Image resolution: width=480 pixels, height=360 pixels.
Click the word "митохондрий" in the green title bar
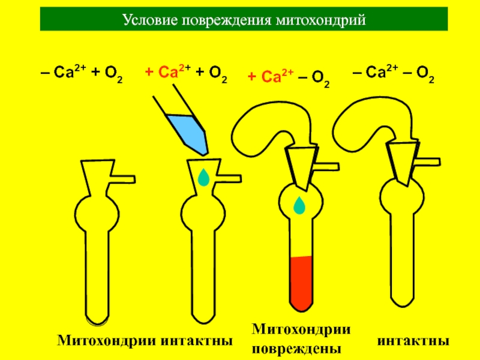pyautogui.click(x=320, y=20)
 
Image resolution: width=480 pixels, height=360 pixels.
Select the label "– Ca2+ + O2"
pyautogui.click(x=82, y=74)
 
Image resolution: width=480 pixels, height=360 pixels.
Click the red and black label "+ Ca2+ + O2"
pyautogui.click(x=185, y=74)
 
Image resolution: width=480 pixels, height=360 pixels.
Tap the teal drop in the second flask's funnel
pyautogui.click(x=204, y=177)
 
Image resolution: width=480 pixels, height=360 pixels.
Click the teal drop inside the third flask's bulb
pyautogui.click(x=299, y=206)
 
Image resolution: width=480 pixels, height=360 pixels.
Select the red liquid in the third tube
pyautogui.click(x=301, y=282)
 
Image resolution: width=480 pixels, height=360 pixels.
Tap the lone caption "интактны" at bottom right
pyautogui.click(x=413, y=341)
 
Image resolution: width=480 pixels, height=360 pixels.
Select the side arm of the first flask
pyautogui.click(x=124, y=178)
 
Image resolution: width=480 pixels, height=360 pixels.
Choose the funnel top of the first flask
pyautogui.click(x=97, y=170)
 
